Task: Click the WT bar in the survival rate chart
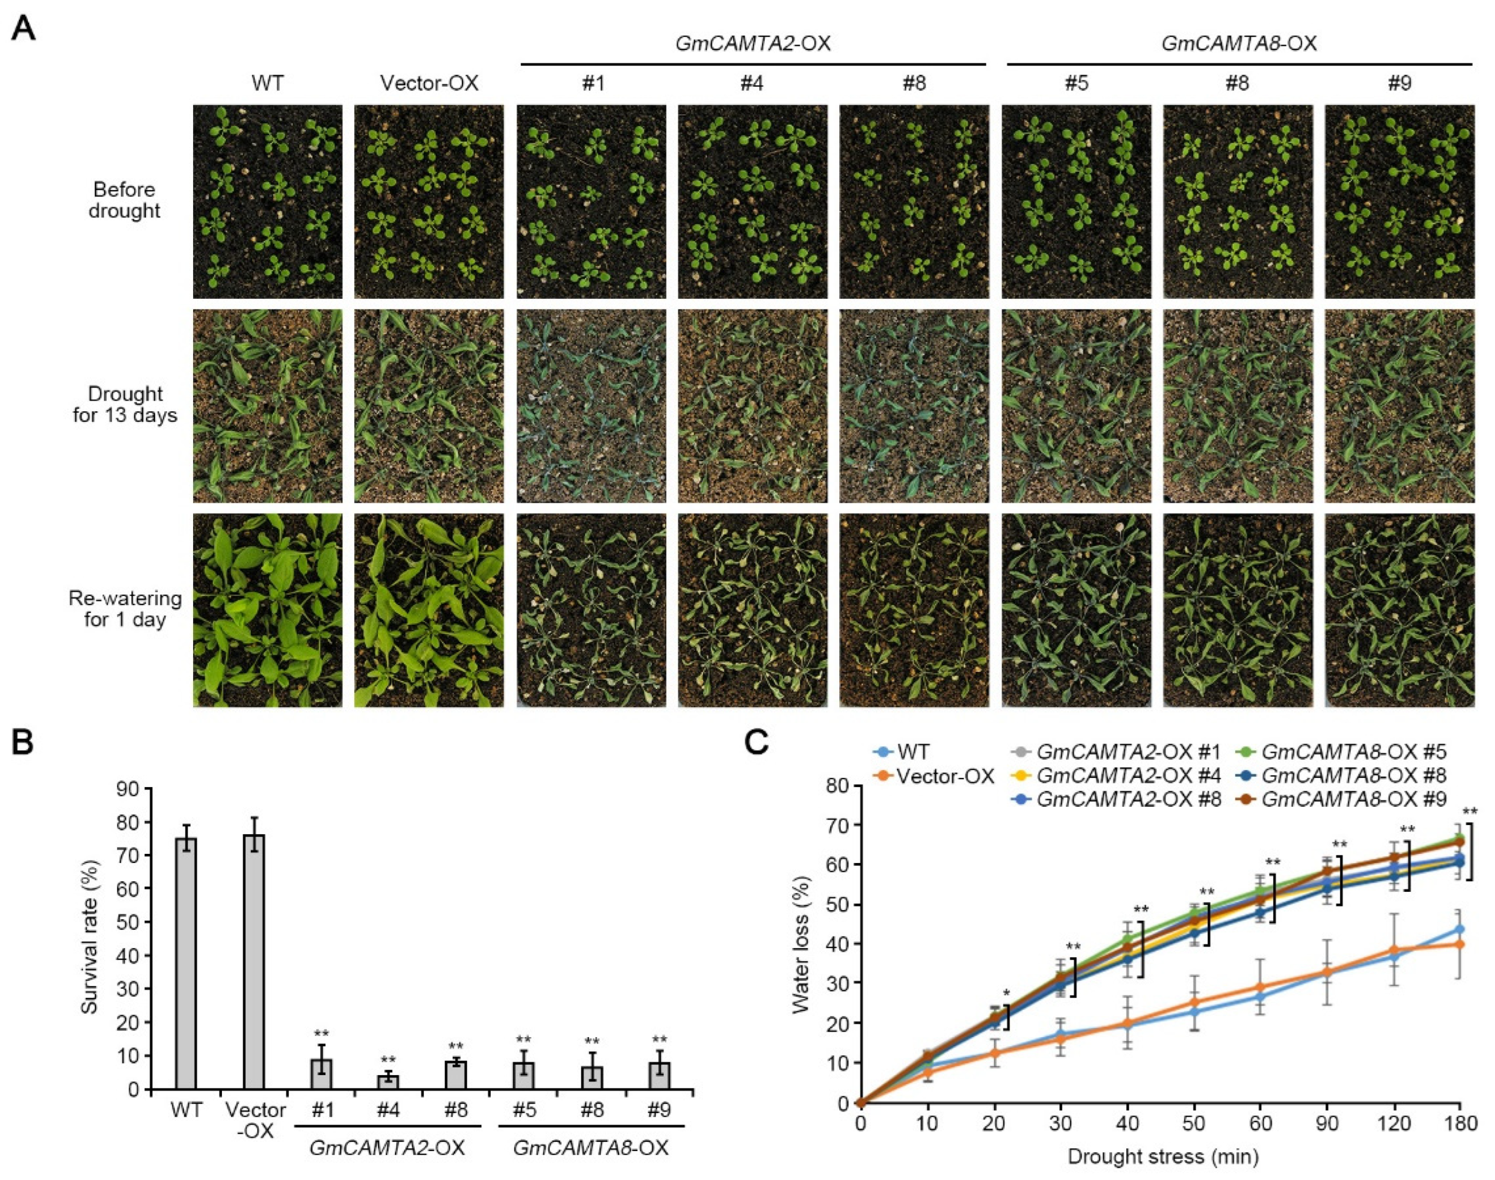click(x=186, y=963)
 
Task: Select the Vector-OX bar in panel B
click(x=254, y=962)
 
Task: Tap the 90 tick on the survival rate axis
click(x=129, y=789)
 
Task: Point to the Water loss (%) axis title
click(x=800, y=945)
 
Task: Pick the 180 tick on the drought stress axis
click(x=1460, y=1123)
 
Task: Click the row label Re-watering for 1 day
click(x=124, y=609)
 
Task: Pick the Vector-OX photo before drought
click(x=429, y=201)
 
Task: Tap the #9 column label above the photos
click(x=1399, y=84)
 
